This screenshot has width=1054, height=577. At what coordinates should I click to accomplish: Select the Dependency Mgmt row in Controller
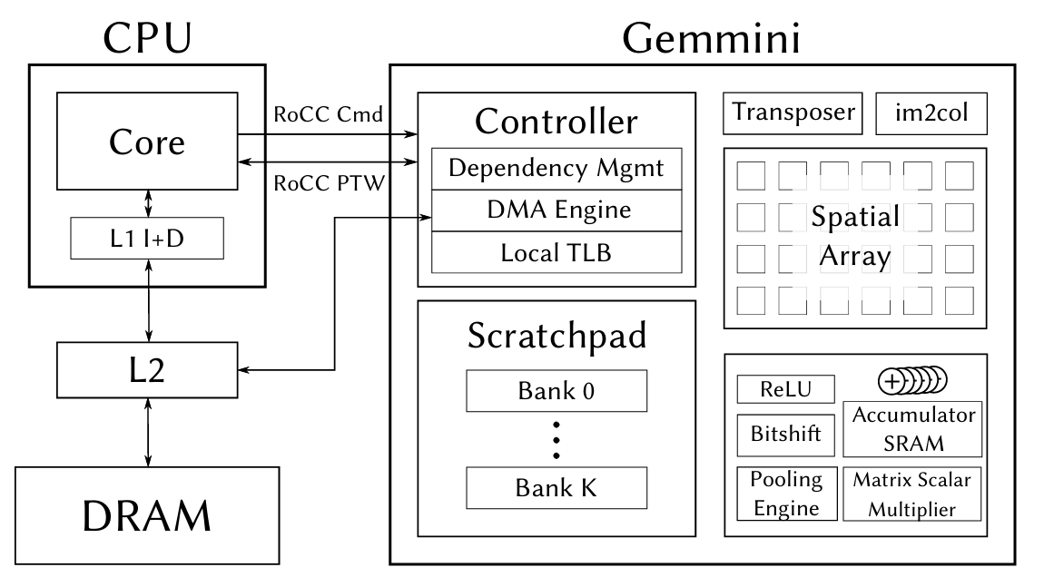click(556, 169)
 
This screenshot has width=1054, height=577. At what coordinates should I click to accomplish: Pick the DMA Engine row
click(556, 210)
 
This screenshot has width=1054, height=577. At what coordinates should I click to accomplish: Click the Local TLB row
click(556, 252)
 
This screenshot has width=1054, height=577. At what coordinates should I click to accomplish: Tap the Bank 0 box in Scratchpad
click(556, 392)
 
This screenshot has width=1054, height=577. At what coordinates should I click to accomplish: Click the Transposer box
click(793, 112)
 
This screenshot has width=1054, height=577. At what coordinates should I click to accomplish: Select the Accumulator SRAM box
click(913, 428)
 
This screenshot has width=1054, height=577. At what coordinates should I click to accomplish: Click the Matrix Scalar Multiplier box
click(913, 494)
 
